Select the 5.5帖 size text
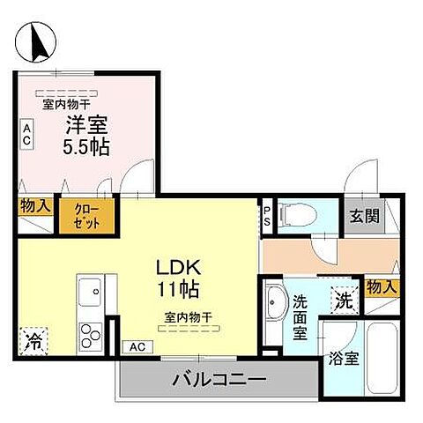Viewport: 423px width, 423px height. [x=85, y=147]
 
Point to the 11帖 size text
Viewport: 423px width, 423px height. [x=178, y=288]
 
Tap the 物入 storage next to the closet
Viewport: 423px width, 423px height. [x=35, y=207]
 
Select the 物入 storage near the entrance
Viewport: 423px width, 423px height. [x=380, y=287]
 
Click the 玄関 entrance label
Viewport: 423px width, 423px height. [x=363, y=216]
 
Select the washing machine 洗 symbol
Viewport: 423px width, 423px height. [x=345, y=300]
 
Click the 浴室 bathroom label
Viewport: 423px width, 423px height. [x=343, y=359]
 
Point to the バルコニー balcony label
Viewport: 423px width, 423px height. [x=219, y=381]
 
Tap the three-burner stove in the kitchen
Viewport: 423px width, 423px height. [x=92, y=335]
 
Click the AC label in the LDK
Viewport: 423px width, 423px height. [x=138, y=346]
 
